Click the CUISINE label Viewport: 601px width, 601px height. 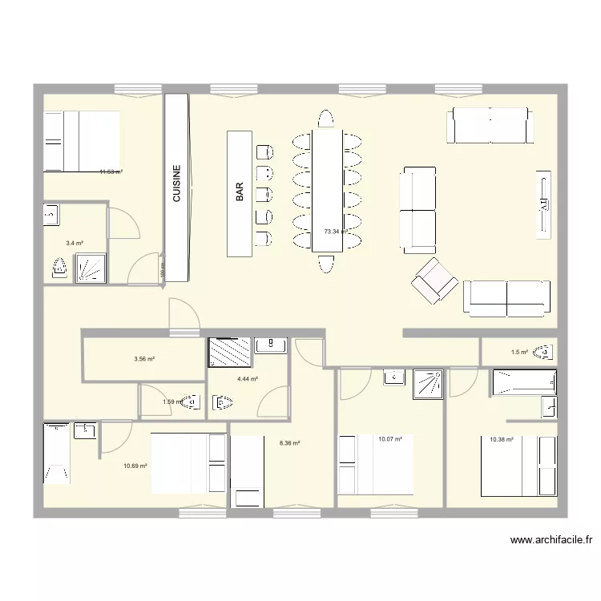[176, 186]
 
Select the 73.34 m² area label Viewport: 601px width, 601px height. [336, 232]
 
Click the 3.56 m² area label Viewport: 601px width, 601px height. [144, 359]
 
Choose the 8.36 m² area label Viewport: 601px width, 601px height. [289, 442]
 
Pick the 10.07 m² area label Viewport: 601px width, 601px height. [389, 438]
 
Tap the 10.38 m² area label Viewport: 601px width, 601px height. [501, 439]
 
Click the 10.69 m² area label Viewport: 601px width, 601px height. [135, 466]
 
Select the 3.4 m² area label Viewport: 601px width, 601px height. [75, 243]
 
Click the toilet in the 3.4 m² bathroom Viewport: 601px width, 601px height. [58, 268]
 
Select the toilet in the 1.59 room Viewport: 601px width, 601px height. [190, 403]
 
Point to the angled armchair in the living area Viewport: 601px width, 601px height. [434, 280]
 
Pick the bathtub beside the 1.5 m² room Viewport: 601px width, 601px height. [523, 382]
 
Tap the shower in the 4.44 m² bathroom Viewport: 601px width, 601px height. [229, 352]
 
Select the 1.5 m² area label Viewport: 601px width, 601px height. [519, 352]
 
